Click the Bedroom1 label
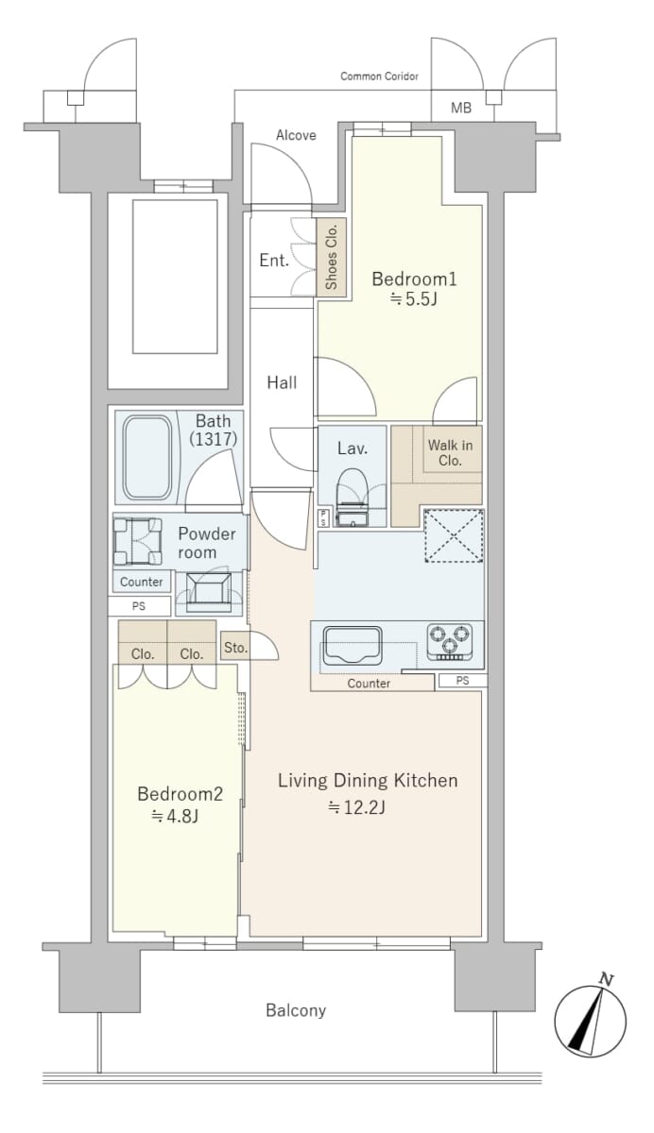pos(414,279)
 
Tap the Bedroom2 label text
pos(181,794)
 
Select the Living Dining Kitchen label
pos(368,781)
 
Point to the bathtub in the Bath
pos(147,457)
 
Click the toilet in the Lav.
pos(352,498)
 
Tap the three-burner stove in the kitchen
pos(450,642)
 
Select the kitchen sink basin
pos(353,646)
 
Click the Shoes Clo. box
pos(332,258)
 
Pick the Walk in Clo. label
pos(450,452)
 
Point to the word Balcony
pos(296,1010)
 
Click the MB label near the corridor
pos(460,108)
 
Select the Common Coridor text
pos(379,76)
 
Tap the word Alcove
pos(296,135)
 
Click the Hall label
pos(282,382)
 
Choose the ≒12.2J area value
pos(357,807)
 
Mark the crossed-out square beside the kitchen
pos(454,535)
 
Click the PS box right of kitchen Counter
pos(463,681)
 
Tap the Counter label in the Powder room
pos(141,582)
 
